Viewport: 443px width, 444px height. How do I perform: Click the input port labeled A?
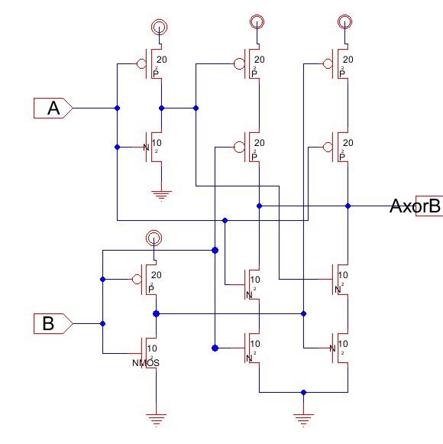click(x=52, y=109)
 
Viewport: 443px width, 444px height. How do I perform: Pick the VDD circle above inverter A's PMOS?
click(x=158, y=27)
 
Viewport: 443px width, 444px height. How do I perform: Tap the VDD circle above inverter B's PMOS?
click(x=154, y=238)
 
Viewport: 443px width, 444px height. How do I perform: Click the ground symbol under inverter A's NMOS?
click(x=160, y=194)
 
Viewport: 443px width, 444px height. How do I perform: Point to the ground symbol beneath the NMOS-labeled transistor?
click(x=156, y=417)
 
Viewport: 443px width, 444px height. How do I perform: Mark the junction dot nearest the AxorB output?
click(x=348, y=206)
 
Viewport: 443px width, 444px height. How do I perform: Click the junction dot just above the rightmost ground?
click(x=304, y=392)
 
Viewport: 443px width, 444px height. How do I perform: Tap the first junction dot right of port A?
click(x=117, y=109)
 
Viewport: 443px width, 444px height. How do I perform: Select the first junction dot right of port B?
click(x=102, y=324)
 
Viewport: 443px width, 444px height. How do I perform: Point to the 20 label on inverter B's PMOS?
click(x=157, y=275)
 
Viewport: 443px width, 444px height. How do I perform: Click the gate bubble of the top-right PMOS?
click(x=327, y=64)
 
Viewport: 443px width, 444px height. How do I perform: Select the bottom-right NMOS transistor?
click(x=341, y=348)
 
